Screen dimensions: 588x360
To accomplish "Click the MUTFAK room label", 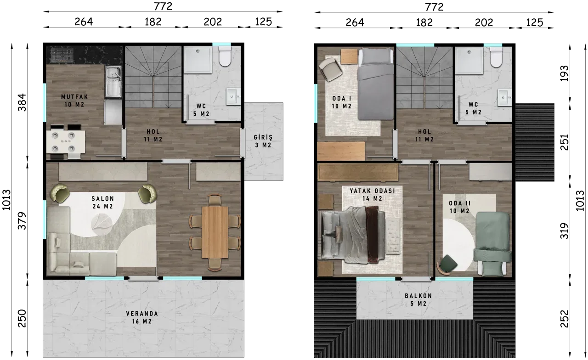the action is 74,97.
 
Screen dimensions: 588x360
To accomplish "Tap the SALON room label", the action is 102,199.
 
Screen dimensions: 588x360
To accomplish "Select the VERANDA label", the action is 142,314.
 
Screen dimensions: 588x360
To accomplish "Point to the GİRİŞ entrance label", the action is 263,137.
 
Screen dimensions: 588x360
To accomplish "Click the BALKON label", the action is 418,296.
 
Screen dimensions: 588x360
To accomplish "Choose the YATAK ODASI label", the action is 372,191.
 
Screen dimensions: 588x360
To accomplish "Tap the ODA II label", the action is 460,203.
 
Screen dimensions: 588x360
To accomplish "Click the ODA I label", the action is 341,99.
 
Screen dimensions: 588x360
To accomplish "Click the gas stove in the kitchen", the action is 62,55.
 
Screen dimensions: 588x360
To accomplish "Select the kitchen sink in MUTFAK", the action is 113,81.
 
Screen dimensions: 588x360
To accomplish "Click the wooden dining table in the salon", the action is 215,232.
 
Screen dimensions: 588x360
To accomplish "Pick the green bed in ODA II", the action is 492,243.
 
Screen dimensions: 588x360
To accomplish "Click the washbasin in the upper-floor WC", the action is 504,97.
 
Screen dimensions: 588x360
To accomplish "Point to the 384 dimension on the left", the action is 22,102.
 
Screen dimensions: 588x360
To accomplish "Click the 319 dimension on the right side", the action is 564,231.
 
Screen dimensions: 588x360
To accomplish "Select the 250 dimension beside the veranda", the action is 22,318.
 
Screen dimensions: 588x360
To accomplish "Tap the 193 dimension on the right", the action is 564,73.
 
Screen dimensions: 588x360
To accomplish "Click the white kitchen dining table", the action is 66,142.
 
